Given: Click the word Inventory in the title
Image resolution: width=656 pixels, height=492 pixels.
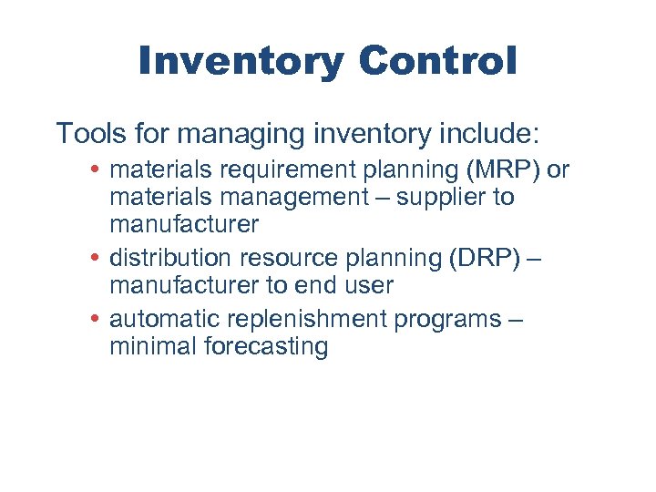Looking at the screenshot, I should tap(241, 62).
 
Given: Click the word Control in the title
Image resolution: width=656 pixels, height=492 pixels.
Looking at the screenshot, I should tap(437, 62).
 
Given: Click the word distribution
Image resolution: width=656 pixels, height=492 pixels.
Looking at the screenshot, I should tap(170, 259).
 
